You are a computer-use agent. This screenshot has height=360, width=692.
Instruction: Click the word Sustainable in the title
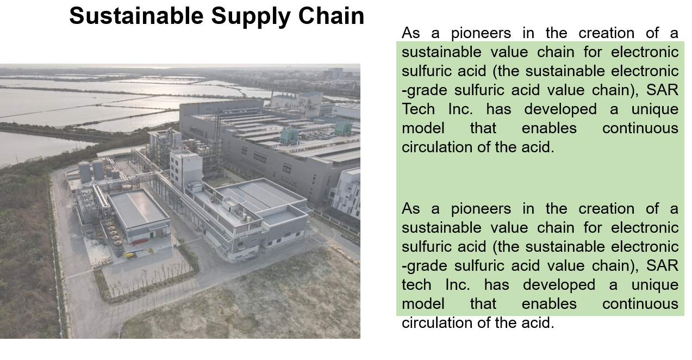point(136,16)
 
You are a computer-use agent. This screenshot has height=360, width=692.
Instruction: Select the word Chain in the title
point(331,16)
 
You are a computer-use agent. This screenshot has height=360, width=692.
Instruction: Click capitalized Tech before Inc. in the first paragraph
point(418,109)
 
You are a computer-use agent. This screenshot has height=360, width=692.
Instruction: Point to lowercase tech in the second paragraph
point(416,284)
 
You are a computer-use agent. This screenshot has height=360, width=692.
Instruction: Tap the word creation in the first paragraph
point(606,33)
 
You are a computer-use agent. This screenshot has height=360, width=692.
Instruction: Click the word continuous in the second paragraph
point(640,304)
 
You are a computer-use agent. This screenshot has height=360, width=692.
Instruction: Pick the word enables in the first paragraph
point(549,128)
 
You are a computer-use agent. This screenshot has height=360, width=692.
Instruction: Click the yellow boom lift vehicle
point(131,255)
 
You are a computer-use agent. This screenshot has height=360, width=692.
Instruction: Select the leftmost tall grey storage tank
point(84,172)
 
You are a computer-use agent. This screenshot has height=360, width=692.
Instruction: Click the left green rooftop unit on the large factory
point(290,135)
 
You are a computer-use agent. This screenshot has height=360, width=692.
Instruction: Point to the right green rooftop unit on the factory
point(344,127)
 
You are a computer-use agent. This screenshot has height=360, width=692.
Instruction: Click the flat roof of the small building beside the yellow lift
point(138,208)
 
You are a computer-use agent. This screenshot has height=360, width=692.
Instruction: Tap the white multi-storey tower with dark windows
point(186,169)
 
